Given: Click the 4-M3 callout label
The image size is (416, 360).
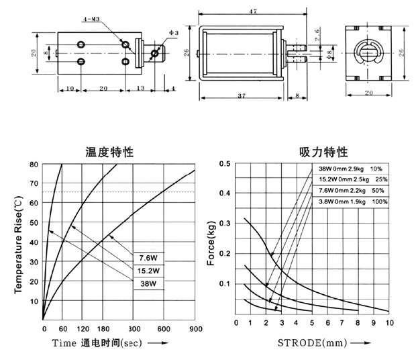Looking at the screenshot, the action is [91, 19].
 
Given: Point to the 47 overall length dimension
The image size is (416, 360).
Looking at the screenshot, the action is [253, 11].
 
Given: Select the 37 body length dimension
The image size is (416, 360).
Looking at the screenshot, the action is [242, 95].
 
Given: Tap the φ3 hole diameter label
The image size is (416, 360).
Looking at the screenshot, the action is [174, 33].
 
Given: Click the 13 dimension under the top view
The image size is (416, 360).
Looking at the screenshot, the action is [140, 88].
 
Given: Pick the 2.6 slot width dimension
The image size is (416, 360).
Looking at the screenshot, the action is [317, 35].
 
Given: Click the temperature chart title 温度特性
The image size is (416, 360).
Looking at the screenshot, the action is [109, 152].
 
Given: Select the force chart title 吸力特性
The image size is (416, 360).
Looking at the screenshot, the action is [323, 152].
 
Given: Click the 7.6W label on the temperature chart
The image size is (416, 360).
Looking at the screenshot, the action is [148, 258].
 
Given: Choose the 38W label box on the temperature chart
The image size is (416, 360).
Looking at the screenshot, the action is [148, 283].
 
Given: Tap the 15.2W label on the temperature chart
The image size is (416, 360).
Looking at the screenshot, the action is [148, 271].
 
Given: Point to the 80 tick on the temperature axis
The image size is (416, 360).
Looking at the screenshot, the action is [34, 165].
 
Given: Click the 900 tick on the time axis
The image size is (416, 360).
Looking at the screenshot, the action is [196, 329].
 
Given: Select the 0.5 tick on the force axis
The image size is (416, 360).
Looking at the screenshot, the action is [225, 163].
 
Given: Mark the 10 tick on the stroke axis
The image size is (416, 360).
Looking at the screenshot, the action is [389, 322].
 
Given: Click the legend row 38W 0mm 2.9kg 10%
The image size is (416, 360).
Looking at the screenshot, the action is [350, 169].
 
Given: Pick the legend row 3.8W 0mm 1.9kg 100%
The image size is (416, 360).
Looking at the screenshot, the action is [353, 201].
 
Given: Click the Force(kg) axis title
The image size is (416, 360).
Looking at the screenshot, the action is [211, 243].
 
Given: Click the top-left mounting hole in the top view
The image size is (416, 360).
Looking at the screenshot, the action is [81, 44].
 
